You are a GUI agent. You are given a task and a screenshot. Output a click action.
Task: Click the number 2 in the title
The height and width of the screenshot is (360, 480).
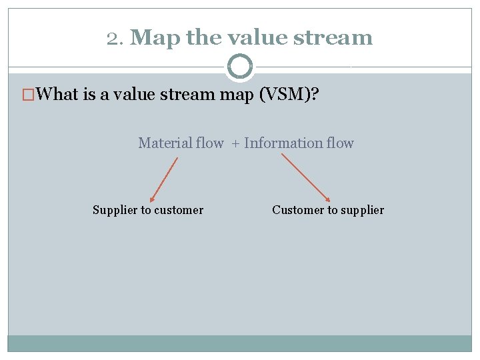point(112,38)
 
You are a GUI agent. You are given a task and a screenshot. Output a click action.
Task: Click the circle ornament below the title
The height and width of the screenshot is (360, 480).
point(240,67)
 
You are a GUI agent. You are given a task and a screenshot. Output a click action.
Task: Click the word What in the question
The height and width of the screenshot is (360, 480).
point(58,94)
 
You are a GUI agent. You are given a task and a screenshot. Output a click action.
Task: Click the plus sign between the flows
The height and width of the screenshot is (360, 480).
point(235,143)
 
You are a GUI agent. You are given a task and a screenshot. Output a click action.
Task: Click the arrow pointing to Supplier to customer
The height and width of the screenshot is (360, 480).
point(164,179)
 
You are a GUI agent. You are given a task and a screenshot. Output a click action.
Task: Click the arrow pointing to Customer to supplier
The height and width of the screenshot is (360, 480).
point(306,177)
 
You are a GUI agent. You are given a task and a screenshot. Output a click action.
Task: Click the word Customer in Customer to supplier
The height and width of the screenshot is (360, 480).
point(297,210)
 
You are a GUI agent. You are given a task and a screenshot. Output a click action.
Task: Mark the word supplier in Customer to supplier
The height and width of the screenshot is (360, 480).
point(362,211)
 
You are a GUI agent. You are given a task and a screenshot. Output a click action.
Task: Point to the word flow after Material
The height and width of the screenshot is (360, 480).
point(210,143)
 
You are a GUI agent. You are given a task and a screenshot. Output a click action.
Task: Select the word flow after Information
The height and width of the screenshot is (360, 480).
point(340,143)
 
